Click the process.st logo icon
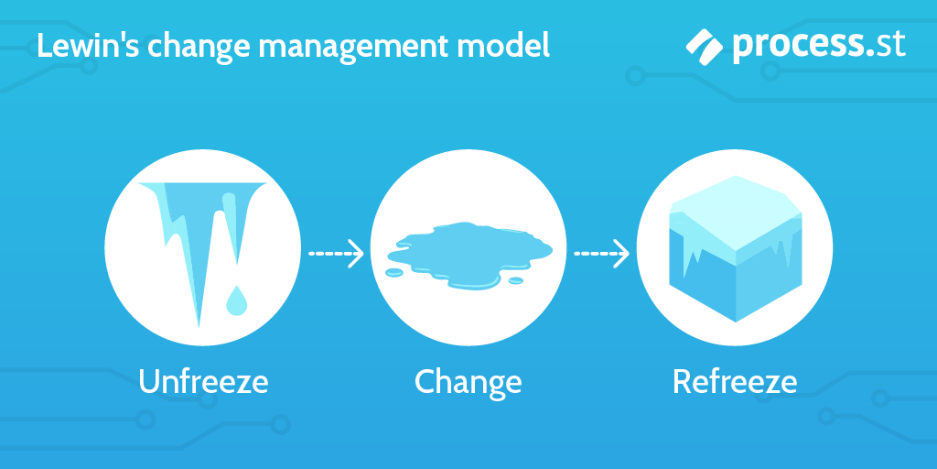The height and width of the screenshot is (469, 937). [x=705, y=44]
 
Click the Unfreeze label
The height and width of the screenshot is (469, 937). [x=203, y=381]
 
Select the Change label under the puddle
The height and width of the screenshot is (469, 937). [x=468, y=382]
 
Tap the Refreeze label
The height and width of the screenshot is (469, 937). [x=735, y=381]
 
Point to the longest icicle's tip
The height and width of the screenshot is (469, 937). [x=200, y=322]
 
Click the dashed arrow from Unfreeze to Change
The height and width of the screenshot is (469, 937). [x=335, y=254]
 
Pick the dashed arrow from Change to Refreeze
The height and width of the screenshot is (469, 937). [x=601, y=254]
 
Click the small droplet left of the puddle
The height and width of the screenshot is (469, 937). [x=393, y=272]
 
